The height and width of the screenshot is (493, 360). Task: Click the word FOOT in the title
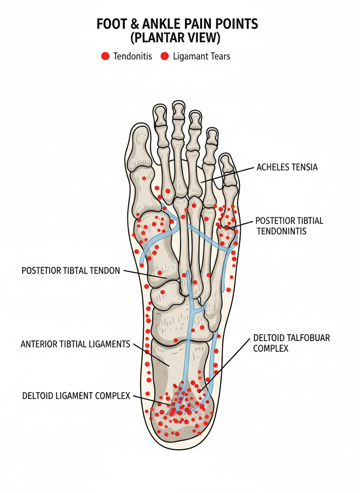point(110,24)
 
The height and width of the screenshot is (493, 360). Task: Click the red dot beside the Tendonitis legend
point(105,56)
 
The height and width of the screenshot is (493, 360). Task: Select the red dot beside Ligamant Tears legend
point(165,56)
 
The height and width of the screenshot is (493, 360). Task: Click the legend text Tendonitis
point(132,56)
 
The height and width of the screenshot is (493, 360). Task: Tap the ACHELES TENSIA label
point(287,167)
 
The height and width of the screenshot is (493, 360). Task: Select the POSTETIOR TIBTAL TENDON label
point(70,271)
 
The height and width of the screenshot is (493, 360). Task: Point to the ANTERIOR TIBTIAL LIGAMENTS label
point(75,344)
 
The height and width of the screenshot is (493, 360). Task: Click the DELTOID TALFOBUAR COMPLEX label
point(291,343)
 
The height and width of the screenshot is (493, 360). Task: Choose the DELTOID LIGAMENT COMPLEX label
point(76,396)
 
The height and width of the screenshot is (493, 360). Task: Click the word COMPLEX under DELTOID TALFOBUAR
point(270,348)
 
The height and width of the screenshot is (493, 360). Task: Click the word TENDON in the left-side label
point(105,271)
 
